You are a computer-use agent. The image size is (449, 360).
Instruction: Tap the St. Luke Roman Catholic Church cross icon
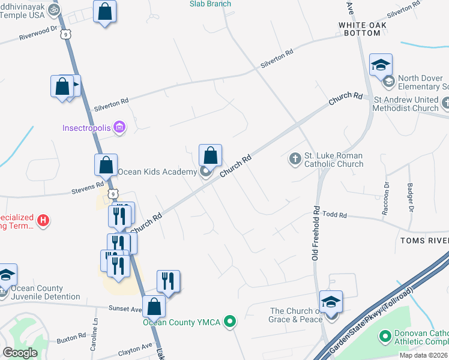295,158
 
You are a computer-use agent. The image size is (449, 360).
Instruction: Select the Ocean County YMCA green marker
229,322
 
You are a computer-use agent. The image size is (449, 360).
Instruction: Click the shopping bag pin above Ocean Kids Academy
211,156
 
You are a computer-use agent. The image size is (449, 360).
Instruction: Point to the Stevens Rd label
91,186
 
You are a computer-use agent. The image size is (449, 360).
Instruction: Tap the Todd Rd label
335,215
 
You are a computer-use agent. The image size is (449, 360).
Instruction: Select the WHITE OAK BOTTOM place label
360,29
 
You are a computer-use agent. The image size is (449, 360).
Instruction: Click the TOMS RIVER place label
423,241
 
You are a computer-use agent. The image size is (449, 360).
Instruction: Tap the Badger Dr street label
411,197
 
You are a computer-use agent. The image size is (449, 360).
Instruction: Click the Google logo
20,353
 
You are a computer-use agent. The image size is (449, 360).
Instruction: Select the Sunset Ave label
125,310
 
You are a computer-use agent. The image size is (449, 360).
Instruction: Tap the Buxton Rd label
71,340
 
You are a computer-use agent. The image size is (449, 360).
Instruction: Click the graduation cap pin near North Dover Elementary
381,65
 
